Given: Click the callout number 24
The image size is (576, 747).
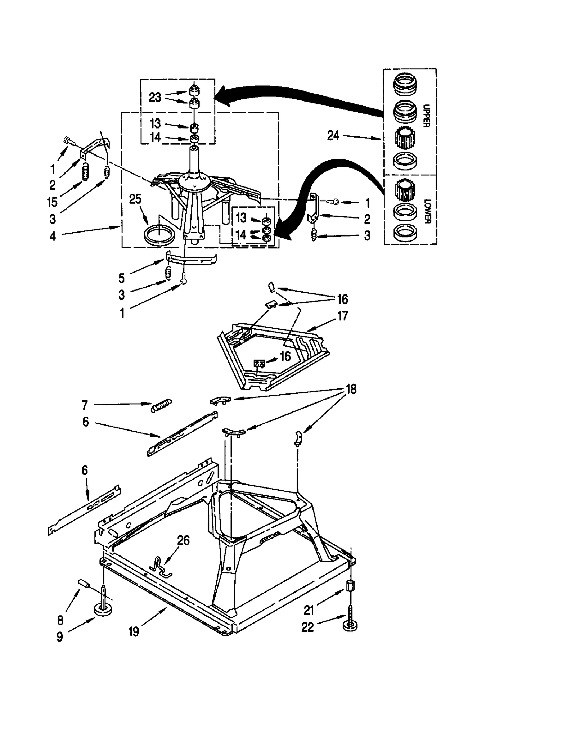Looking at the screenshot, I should pyautogui.click(x=333, y=136).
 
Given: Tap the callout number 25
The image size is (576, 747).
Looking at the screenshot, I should pyautogui.click(x=135, y=199).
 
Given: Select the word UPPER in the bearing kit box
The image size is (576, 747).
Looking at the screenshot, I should pyautogui.click(x=426, y=116).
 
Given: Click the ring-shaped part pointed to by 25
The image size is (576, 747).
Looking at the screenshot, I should pyautogui.click(x=159, y=235).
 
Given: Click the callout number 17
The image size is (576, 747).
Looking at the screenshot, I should pyautogui.click(x=342, y=316).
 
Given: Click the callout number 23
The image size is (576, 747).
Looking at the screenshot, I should pyautogui.click(x=155, y=97).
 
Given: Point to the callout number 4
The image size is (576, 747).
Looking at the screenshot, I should pyautogui.click(x=53, y=237).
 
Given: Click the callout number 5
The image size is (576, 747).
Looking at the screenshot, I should pyautogui.click(x=121, y=278).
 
